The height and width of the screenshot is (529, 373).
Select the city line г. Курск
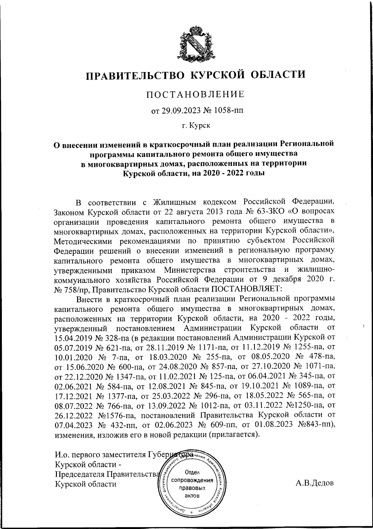point(196,125)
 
